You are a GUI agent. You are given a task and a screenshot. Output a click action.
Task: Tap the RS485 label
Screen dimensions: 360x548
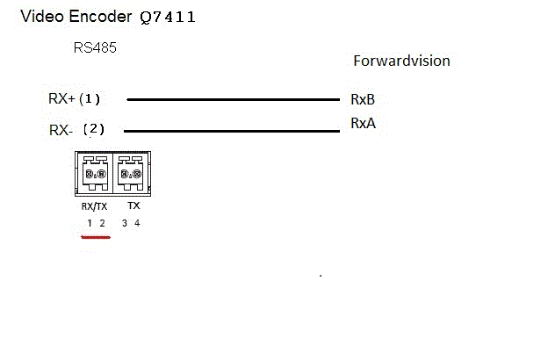pyautogui.click(x=95, y=48)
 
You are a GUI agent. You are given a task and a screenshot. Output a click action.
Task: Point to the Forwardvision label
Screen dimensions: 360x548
pyautogui.click(x=401, y=61)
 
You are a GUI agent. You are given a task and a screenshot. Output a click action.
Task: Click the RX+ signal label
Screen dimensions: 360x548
pyautogui.click(x=61, y=98)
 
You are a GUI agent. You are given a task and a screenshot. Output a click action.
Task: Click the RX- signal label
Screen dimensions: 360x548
pyautogui.click(x=61, y=130)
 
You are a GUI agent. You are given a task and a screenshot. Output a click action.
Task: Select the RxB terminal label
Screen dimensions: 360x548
pyautogui.click(x=363, y=99)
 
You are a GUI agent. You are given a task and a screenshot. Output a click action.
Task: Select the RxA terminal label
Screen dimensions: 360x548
pyautogui.click(x=363, y=124)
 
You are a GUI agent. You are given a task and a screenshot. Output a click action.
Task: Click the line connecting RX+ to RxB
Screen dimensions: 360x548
pyautogui.click(x=233, y=99)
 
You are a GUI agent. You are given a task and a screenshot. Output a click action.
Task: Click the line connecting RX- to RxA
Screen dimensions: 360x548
pyautogui.click(x=233, y=132)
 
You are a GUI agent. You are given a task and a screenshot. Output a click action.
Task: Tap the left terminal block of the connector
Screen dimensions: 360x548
pyautogui.click(x=94, y=173)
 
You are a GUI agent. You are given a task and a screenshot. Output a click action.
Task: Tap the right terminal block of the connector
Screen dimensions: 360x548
pyautogui.click(x=130, y=173)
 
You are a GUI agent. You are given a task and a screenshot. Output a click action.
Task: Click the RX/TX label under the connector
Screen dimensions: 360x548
pyautogui.click(x=95, y=205)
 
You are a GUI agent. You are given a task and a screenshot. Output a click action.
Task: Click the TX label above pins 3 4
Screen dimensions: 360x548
pyautogui.click(x=133, y=205)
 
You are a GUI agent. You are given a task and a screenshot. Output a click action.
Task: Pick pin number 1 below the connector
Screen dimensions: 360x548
pyautogui.click(x=89, y=223)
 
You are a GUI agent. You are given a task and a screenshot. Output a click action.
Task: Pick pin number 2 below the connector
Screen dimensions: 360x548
pyautogui.click(x=102, y=223)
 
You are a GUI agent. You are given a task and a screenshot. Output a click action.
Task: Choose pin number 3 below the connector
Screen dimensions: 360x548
pyautogui.click(x=124, y=223)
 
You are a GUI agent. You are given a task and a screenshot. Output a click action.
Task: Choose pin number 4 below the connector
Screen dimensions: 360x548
pyautogui.click(x=137, y=223)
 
